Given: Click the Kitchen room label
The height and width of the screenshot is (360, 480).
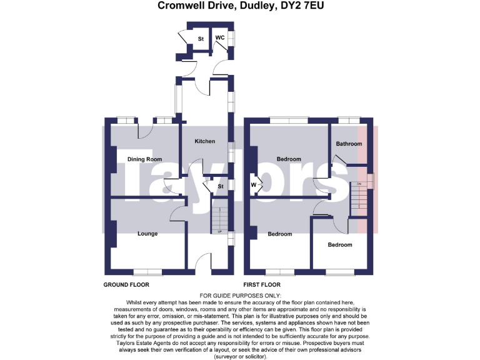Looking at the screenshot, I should click(x=205, y=142).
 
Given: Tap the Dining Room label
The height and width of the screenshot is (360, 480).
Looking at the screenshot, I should click(x=144, y=159).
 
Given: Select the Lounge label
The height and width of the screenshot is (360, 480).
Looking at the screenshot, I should click(x=147, y=234).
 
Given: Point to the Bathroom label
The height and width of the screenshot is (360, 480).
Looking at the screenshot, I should click(x=349, y=144).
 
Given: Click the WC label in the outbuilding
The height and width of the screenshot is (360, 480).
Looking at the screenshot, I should click(x=220, y=38).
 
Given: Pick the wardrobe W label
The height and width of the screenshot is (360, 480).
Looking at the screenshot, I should click(x=254, y=184).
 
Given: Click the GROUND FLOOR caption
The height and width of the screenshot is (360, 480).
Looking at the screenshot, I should click(x=126, y=284).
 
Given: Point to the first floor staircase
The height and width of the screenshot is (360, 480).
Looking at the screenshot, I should click(x=359, y=199).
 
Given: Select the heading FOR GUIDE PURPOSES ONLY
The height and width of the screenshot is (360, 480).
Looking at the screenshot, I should click(x=240, y=296).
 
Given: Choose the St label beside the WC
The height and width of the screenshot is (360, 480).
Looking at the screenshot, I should click(x=201, y=39).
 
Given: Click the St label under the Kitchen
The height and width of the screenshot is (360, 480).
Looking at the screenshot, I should click(x=221, y=186).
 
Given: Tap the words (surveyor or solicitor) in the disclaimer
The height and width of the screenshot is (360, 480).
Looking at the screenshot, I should click(x=240, y=356).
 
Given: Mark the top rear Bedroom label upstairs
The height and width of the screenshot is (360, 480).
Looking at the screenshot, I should click(x=289, y=159).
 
